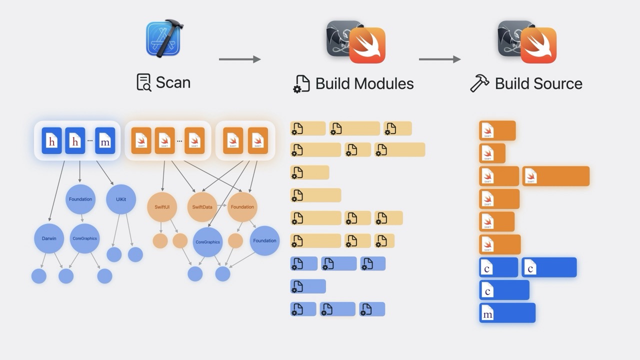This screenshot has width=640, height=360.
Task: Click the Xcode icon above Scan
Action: click(163, 38)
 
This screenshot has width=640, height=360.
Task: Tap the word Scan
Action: click(173, 82)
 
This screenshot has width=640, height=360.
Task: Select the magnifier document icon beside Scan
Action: click(143, 82)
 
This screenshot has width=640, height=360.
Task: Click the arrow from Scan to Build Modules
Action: click(239, 59)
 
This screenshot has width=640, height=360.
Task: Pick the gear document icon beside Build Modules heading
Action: click(301, 84)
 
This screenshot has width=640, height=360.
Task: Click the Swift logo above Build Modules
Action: click(367, 45)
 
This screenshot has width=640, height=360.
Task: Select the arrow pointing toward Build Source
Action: click(439, 59)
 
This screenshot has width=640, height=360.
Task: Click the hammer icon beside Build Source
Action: click(479, 83)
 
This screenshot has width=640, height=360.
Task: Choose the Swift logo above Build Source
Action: click(538, 45)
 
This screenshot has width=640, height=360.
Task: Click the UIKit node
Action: click(121, 199)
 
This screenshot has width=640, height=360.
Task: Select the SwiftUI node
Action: click(162, 207)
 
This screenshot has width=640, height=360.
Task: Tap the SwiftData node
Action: click(202, 207)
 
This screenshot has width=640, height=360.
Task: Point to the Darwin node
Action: click(49, 238)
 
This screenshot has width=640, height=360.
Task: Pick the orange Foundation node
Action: click(242, 207)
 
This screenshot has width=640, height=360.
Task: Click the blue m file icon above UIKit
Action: click(105, 140)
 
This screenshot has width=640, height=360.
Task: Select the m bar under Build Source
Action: click(507, 313)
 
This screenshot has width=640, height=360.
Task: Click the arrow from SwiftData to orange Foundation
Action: click(222, 206)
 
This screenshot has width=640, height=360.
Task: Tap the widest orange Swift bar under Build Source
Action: click(555, 176)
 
